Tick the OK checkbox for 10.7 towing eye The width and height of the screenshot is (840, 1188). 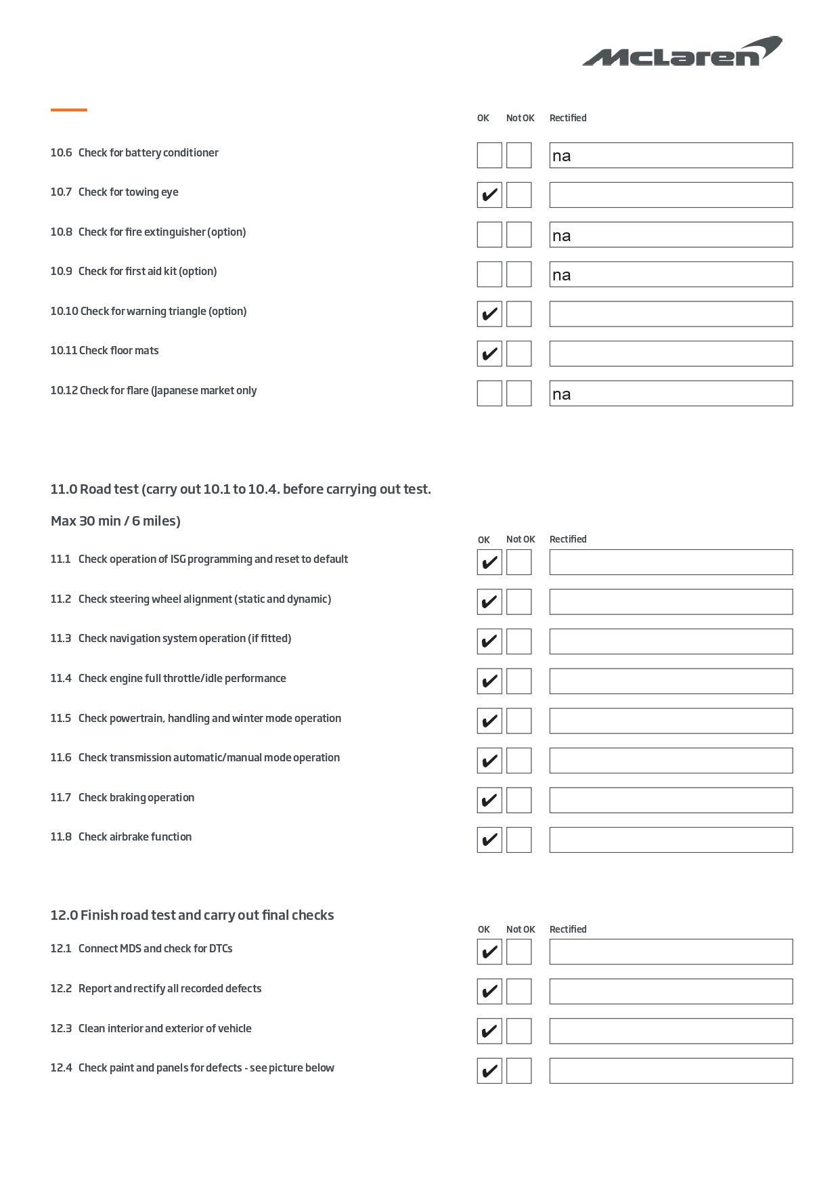pos(489,195)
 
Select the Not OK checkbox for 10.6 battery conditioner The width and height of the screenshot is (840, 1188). pos(518,155)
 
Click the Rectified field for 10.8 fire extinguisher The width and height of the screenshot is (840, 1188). pos(671,235)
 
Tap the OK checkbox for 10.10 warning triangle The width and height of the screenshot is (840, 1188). pos(489,314)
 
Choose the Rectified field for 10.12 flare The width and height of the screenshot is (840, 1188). pos(671,394)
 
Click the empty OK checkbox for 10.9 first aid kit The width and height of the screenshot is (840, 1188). pos(489,274)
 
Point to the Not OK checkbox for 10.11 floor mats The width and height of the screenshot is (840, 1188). pos(518,354)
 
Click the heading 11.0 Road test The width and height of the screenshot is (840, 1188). pos(240,489)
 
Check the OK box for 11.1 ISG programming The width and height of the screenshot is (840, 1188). pos(489,562)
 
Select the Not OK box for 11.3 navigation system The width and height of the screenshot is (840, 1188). pos(518,641)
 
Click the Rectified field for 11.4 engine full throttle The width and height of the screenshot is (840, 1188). pos(671,681)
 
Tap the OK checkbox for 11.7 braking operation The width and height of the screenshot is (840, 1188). pos(489,800)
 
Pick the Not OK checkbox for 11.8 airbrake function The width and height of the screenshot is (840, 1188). pos(518,840)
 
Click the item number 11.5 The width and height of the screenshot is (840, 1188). pos(60,718)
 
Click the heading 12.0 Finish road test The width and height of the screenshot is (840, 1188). pos(192,915)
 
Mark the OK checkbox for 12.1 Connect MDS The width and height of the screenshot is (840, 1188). pos(489,952)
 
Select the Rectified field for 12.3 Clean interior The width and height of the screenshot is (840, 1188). pos(671,1031)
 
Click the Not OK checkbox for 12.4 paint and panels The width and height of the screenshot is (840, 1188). pos(518,1071)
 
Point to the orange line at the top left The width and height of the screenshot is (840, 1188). pos(69,110)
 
